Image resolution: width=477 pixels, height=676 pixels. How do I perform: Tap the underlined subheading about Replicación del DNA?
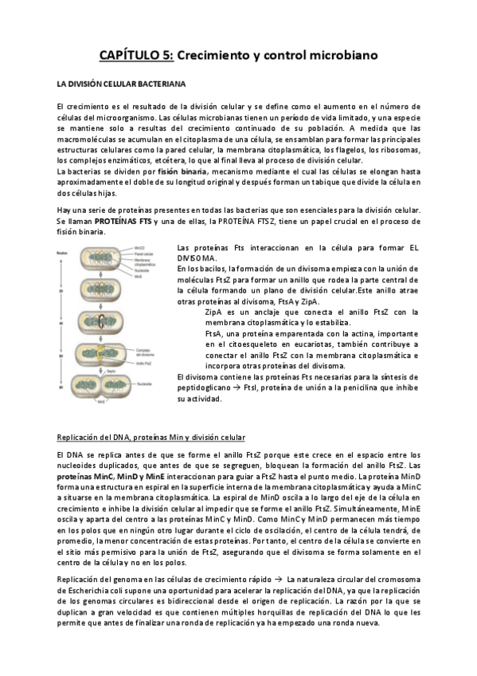click(x=151, y=437)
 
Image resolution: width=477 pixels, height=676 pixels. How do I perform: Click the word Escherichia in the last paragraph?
click(x=80, y=591)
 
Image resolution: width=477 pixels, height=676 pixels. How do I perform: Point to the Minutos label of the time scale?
click(x=65, y=250)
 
